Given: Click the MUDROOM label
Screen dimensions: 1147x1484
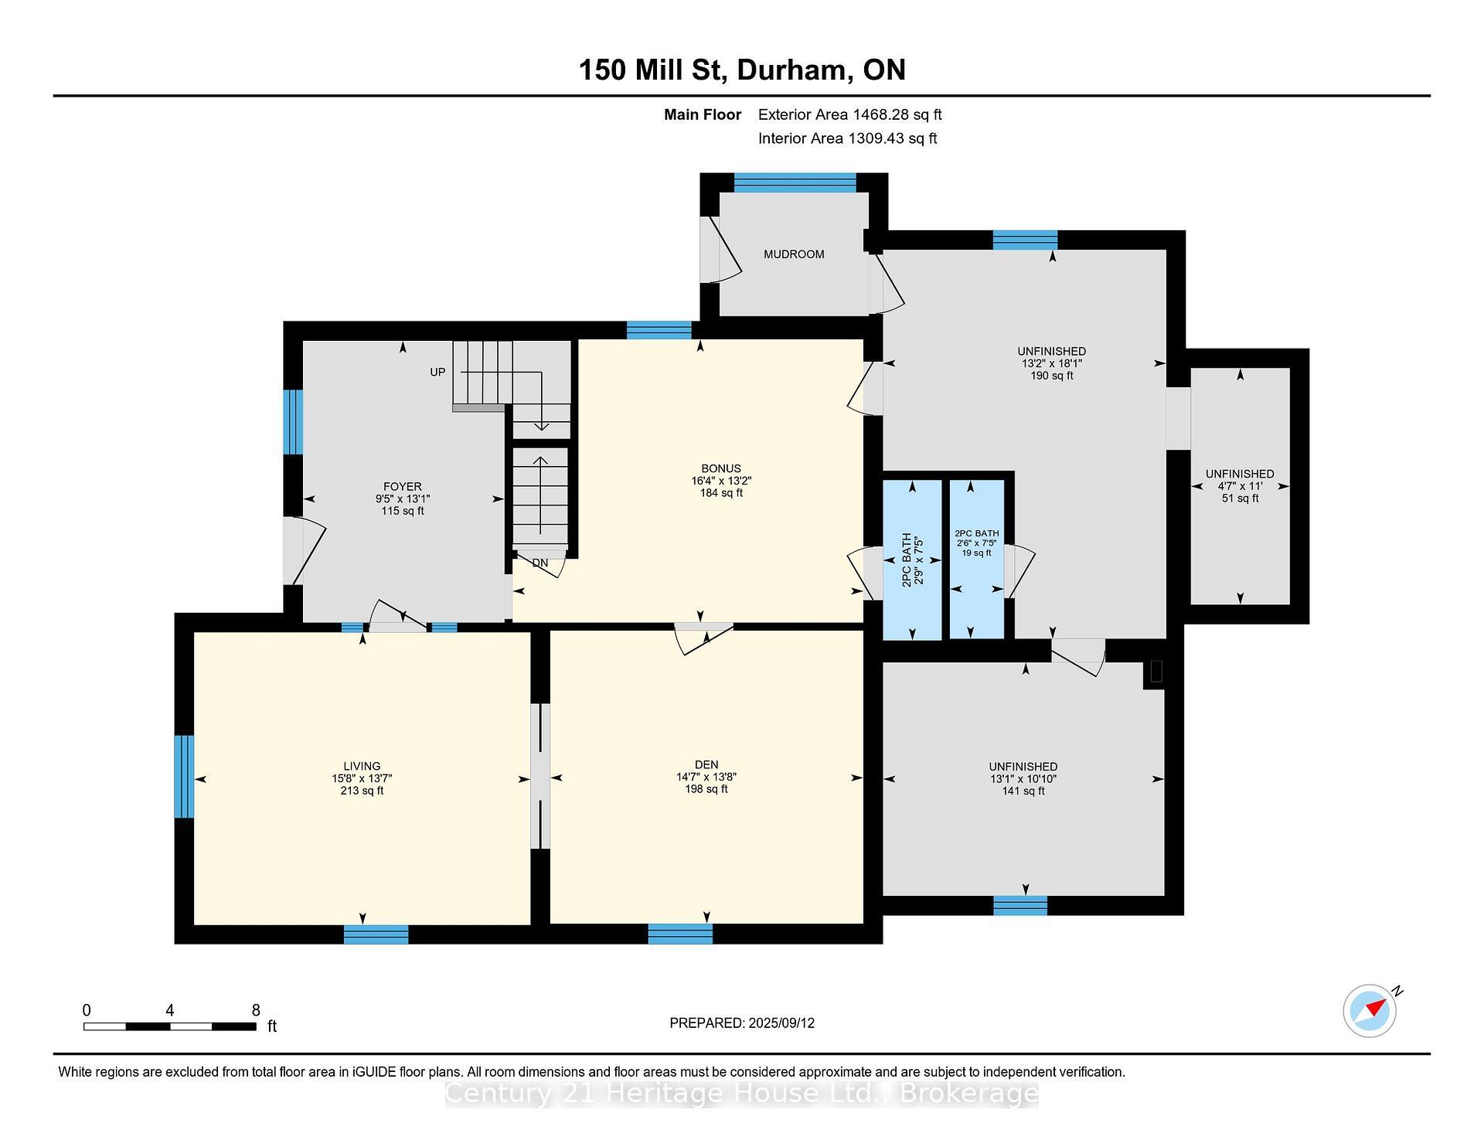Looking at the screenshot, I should [x=794, y=254].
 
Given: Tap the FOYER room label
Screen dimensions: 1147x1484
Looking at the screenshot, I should [x=402, y=486].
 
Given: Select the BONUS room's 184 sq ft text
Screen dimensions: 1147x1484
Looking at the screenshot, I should [x=720, y=493].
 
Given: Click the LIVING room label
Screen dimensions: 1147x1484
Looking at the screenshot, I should [x=362, y=766].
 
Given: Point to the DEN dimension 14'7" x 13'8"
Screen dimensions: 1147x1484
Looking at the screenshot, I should [x=706, y=777].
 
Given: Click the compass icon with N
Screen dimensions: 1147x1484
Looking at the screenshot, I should [x=1370, y=1010].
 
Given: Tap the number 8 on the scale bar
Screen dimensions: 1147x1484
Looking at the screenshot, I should [x=256, y=1010].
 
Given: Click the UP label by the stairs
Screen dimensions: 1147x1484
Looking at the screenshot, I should [x=437, y=372].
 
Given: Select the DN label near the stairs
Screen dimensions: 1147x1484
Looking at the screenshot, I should [x=539, y=563].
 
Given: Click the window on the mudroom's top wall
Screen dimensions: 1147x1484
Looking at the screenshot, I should [x=795, y=182].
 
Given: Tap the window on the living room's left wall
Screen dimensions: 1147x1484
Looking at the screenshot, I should [x=184, y=776].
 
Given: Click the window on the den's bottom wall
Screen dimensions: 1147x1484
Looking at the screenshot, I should [x=680, y=934].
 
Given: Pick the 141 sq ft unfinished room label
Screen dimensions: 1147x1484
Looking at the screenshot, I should [x=1023, y=791].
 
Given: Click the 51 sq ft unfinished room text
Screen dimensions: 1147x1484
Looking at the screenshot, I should [x=1240, y=499].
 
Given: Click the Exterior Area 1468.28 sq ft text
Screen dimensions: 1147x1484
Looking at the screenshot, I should [x=849, y=115].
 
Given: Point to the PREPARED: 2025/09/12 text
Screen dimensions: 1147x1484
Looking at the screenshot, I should [x=742, y=1023].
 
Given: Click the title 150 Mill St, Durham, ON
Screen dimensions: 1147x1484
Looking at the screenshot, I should [x=742, y=70].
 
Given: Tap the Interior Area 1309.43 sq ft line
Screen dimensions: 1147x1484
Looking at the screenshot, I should [x=847, y=138].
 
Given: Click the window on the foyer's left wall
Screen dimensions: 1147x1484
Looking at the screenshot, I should [x=293, y=422].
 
